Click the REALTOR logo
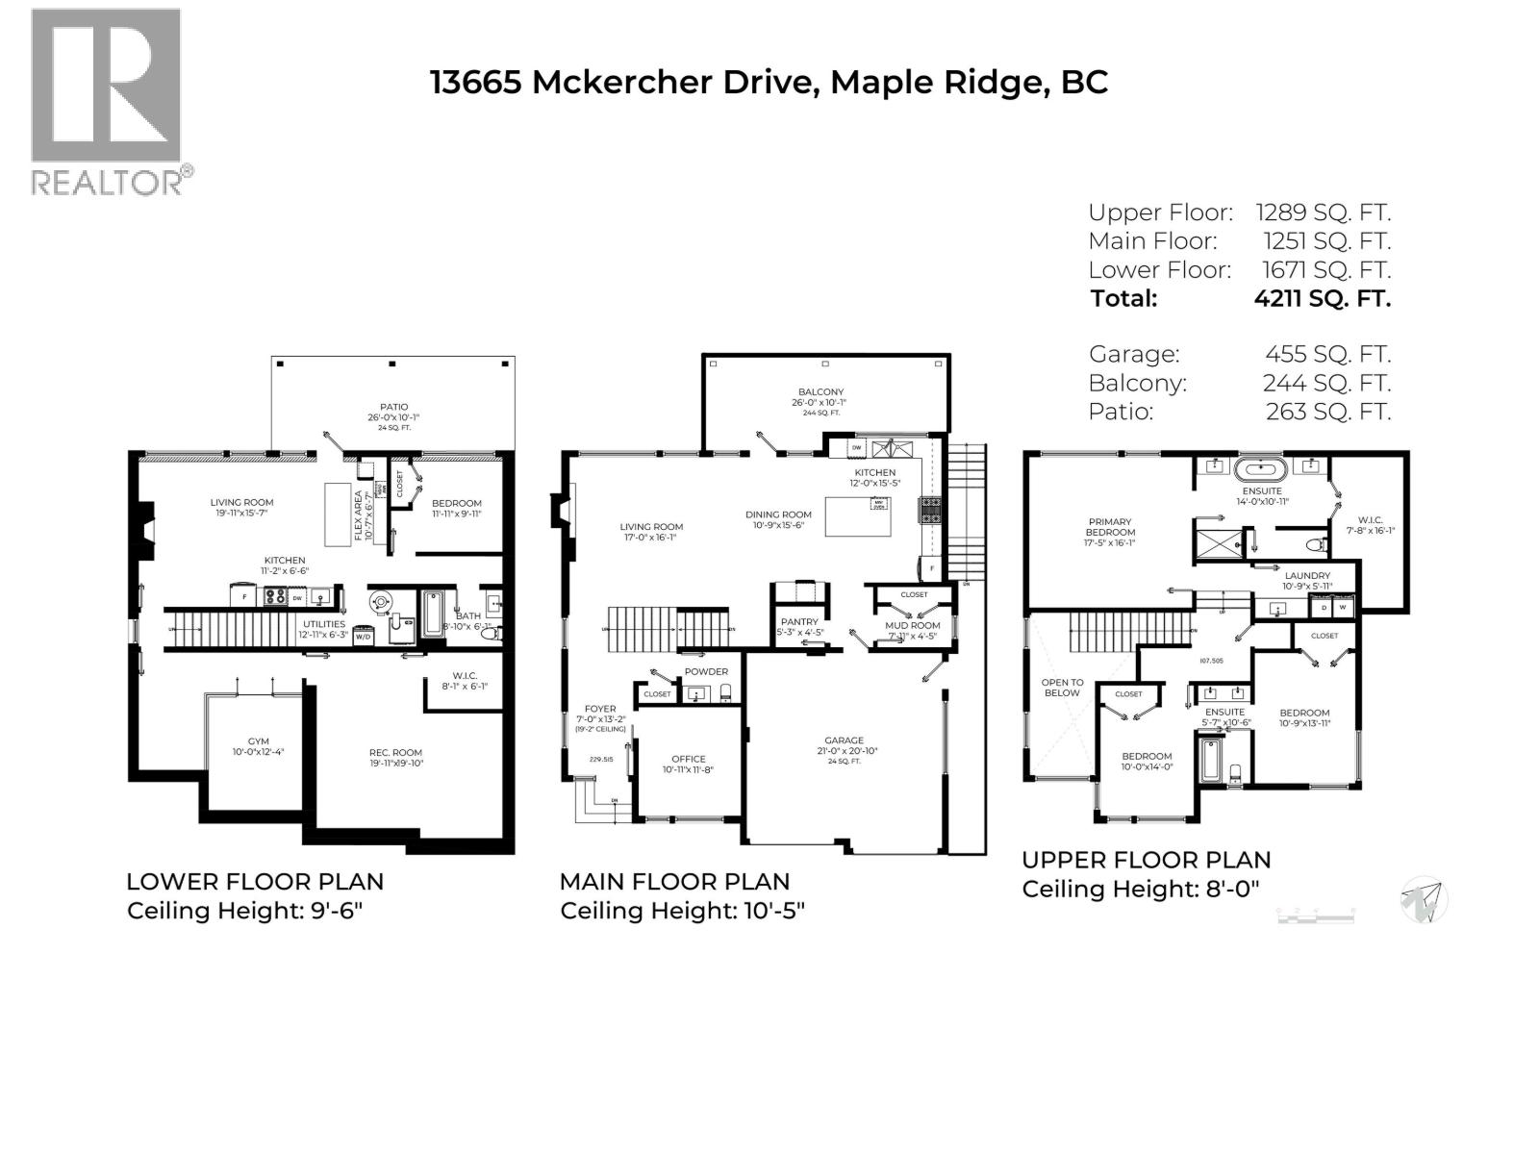107,101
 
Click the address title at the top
768,82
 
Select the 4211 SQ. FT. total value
1322,298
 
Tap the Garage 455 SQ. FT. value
1326,354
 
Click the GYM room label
258,741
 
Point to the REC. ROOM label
395,753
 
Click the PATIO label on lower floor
393,407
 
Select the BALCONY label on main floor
820,392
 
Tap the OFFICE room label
688,759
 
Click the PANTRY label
799,621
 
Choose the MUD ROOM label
912,625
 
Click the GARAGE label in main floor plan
844,740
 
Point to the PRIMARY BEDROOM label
1110,527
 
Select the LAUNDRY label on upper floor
1307,576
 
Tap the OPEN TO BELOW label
1062,688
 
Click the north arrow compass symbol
1425,900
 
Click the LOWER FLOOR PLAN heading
255,882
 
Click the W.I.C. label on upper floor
1371,520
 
